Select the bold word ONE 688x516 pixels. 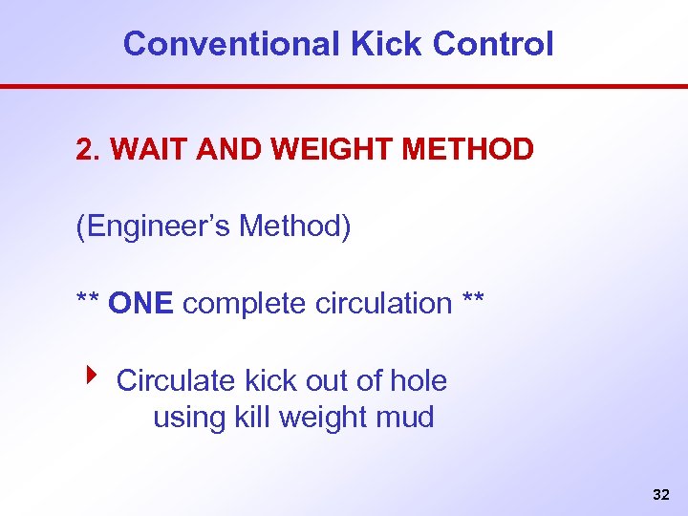pyautogui.click(x=140, y=304)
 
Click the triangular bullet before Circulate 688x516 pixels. pyautogui.click(x=90, y=376)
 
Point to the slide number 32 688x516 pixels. pyautogui.click(x=660, y=495)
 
